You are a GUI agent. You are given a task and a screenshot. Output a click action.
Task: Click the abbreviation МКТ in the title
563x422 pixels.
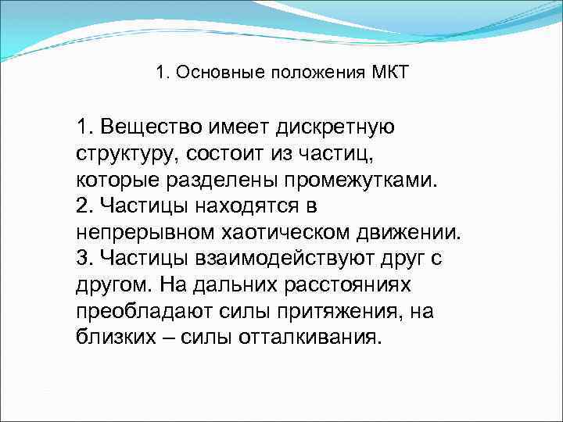pyautogui.click(x=389, y=74)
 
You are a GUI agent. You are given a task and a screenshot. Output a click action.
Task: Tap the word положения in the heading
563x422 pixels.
pyautogui.click(x=313, y=74)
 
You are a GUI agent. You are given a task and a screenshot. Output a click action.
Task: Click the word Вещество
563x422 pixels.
pyautogui.click(x=148, y=126)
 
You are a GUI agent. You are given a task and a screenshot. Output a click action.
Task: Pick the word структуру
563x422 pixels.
pyautogui.click(x=127, y=152)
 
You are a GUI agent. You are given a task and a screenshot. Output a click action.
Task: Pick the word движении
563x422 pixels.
pyautogui.click(x=411, y=234)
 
